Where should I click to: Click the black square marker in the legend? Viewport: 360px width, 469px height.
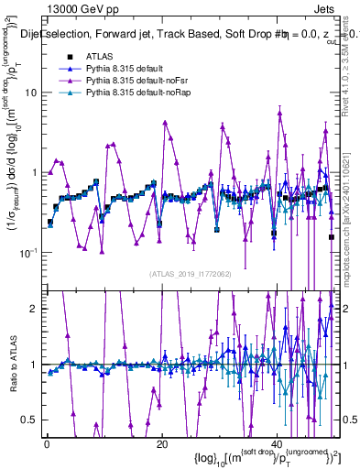[70, 56]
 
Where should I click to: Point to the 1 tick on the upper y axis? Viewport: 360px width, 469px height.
[35, 172]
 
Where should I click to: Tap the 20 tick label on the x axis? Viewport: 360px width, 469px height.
[162, 442]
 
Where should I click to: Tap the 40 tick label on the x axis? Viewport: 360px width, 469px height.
[278, 442]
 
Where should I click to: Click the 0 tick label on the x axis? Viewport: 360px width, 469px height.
[47, 442]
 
